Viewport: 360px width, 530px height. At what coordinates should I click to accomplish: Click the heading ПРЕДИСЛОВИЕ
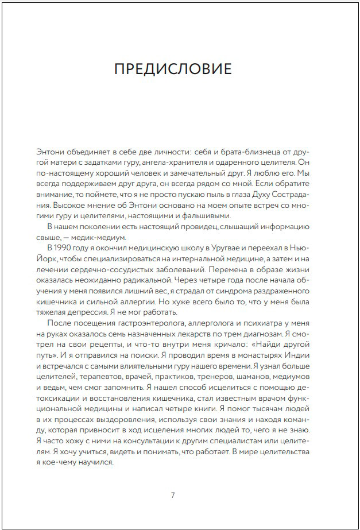click(173, 69)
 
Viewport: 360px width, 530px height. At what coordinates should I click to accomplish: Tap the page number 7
click(173, 494)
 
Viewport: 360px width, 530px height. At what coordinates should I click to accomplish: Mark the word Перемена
click(215, 268)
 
